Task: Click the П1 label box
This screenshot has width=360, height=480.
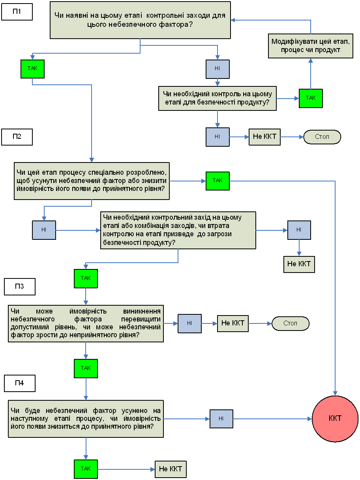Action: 17,12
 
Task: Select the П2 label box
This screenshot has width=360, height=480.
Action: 17,137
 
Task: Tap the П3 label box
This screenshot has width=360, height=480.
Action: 20,287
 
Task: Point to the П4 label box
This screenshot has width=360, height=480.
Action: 20,383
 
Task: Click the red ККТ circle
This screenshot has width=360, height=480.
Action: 335,419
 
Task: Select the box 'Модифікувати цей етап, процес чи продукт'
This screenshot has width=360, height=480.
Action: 311,46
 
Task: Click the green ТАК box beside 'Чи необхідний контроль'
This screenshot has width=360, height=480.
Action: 311,98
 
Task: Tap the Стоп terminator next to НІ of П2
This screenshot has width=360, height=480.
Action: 322,137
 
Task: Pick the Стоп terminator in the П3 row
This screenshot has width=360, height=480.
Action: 291,323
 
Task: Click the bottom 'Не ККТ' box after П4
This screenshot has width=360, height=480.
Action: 171,469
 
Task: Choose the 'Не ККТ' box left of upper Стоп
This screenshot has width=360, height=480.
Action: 264,137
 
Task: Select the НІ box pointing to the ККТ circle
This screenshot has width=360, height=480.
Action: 221,419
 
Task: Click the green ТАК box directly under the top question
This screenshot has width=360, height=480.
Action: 33,69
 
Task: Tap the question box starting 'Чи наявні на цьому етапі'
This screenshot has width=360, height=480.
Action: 140,20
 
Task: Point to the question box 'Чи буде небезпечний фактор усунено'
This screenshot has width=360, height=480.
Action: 86,419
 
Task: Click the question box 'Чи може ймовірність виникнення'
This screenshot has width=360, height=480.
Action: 86,323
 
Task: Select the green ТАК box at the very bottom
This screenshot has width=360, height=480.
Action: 86,469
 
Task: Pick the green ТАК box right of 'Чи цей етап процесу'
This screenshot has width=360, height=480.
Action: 217,181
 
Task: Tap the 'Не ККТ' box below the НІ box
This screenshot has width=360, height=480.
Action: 299,264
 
